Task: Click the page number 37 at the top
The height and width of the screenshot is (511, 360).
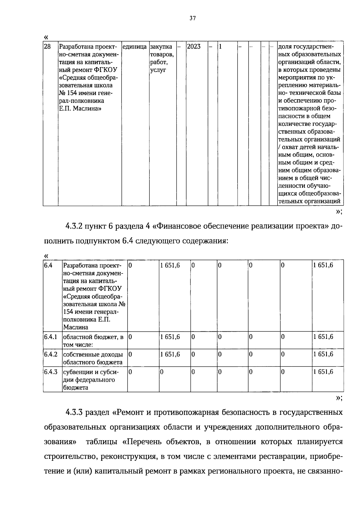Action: click(x=192, y=18)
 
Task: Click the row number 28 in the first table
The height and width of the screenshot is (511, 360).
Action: click(x=47, y=47)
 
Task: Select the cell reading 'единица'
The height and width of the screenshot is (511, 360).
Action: click(x=135, y=47)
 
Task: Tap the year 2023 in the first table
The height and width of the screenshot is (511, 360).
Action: click(x=193, y=47)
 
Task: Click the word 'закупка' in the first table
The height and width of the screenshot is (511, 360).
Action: click(x=161, y=47)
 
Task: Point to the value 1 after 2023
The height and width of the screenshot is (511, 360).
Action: click(x=220, y=47)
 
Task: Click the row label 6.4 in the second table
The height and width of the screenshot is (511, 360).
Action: click(x=48, y=265)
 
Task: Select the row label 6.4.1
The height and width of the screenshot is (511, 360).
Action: click(x=51, y=337)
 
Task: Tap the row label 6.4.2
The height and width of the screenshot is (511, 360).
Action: click(x=51, y=354)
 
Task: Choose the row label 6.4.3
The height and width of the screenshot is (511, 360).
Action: click(x=51, y=372)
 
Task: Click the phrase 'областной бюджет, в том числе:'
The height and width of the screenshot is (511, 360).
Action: click(x=93, y=341)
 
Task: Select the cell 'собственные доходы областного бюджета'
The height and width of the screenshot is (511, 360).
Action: click(x=93, y=358)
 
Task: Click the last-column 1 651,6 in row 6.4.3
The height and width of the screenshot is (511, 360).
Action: click(x=323, y=372)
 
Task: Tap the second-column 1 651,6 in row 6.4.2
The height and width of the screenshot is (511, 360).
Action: click(x=170, y=354)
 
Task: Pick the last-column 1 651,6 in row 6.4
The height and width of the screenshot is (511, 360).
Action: click(x=323, y=265)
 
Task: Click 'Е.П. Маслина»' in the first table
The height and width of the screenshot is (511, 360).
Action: click(x=80, y=109)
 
